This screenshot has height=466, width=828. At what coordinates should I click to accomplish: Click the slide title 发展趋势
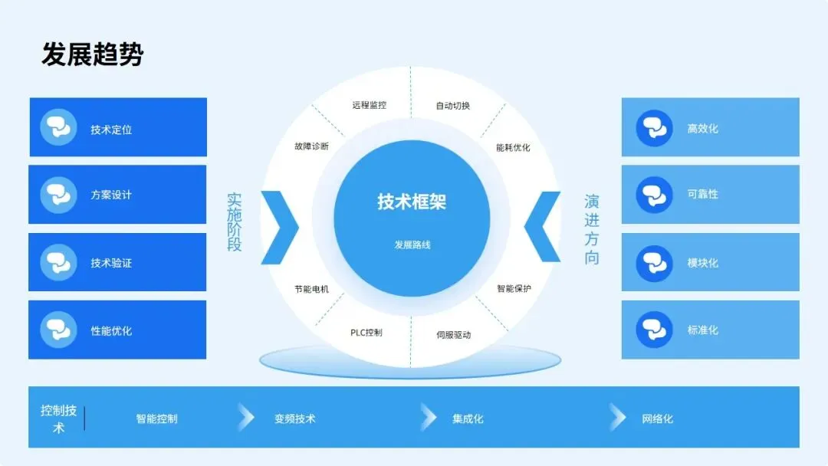92,54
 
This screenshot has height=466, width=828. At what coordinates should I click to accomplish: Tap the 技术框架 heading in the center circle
411,202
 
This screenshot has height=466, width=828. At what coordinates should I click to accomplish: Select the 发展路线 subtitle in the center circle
411,245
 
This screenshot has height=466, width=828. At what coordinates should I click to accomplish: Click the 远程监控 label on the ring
370,105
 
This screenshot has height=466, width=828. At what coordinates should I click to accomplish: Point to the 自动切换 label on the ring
452,106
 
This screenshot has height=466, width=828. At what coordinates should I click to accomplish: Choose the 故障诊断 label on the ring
311,146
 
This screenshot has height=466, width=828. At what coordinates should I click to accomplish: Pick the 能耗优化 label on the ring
513,147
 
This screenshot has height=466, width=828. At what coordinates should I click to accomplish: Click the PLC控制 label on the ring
366,333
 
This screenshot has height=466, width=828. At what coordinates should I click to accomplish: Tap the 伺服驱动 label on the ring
453,335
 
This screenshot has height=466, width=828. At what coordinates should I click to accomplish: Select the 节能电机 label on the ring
311,290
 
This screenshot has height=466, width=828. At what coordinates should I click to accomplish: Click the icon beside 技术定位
58,128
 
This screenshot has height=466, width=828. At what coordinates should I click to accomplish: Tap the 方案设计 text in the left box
111,195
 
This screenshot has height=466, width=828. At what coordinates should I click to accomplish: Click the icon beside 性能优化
58,330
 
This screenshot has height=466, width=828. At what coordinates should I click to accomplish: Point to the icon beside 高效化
654,128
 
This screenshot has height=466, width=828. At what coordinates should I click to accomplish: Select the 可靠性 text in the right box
702,195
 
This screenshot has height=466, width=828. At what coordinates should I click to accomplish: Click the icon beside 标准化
654,330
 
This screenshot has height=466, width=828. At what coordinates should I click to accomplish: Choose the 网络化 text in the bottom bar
657,419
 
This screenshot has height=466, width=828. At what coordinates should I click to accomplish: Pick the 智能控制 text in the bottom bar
156,419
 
